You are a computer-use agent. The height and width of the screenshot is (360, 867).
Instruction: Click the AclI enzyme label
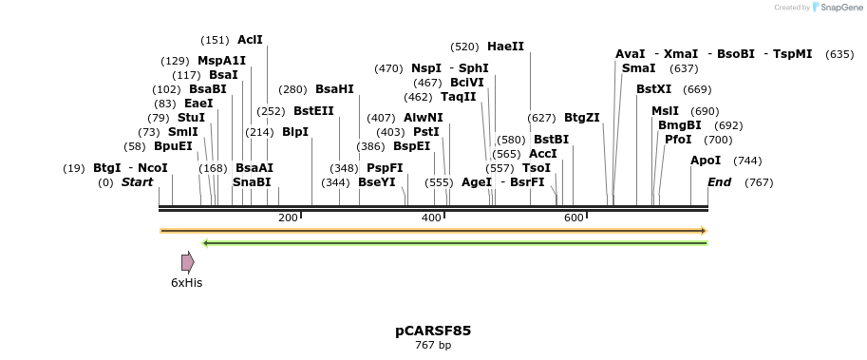pyautogui.click(x=250, y=40)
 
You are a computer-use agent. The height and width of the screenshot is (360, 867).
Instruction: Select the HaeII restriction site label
pyautogui.click(x=505, y=47)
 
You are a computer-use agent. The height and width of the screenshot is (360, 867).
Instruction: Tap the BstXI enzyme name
pyautogui.click(x=653, y=89)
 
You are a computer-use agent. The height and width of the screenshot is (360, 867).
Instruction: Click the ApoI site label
pyautogui.click(x=706, y=161)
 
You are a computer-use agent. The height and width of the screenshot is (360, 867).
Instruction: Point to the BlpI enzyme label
pyautogui.click(x=295, y=132)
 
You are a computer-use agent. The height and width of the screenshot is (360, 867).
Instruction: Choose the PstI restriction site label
pyautogui.click(x=426, y=132)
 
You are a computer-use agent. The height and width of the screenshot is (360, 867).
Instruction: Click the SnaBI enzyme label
pyautogui.click(x=252, y=182)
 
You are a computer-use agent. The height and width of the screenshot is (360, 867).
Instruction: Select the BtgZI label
pyautogui.click(x=582, y=118)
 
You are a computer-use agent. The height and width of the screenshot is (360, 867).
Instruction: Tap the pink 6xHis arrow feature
pyautogui.click(x=187, y=262)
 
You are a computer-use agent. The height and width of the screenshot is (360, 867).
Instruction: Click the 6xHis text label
pyautogui.click(x=186, y=283)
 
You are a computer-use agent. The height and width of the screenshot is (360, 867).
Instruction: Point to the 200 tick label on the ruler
pyautogui.click(x=288, y=218)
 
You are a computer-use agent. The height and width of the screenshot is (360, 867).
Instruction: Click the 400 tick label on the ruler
pyautogui.click(x=431, y=218)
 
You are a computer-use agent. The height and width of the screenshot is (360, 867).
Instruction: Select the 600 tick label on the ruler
pyautogui.click(x=574, y=218)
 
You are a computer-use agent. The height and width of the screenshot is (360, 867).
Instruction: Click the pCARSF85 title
pyautogui.click(x=433, y=331)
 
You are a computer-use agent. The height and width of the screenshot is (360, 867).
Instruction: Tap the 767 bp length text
pyautogui.click(x=433, y=346)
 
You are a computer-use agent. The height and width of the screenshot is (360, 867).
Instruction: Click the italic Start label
pyautogui.click(x=137, y=182)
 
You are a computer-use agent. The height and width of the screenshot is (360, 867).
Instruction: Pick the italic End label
pyautogui.click(x=719, y=182)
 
